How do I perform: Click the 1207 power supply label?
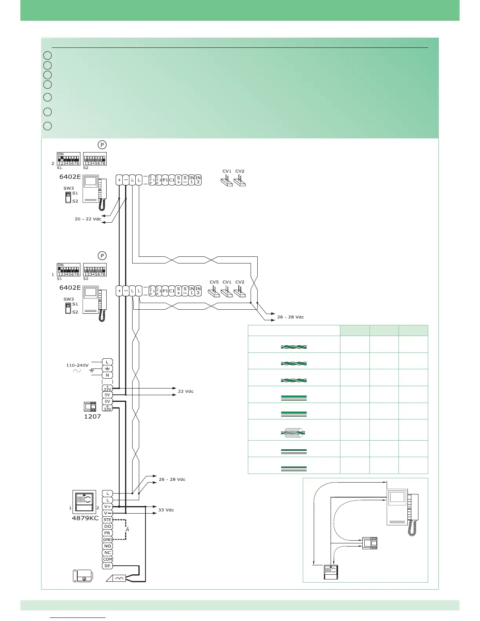(x=93, y=416)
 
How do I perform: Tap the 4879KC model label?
(x=85, y=518)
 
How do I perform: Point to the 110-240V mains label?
(x=78, y=365)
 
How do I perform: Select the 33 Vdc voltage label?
(x=166, y=510)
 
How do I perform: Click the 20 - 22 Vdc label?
(x=88, y=219)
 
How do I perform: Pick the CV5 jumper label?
(x=214, y=282)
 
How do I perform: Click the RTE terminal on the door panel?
(x=107, y=520)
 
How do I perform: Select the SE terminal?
(x=107, y=566)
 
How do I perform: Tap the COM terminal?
(x=107, y=559)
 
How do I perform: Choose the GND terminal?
(x=107, y=539)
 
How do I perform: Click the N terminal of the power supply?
(x=107, y=375)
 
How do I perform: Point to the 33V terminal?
(x=107, y=409)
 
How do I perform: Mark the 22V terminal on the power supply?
(x=107, y=388)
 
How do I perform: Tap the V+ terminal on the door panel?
(x=107, y=507)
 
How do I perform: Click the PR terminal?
(x=107, y=533)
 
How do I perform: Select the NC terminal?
(x=107, y=552)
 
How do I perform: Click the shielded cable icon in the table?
(x=294, y=433)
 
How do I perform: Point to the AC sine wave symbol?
(x=77, y=371)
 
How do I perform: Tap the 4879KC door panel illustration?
(x=84, y=501)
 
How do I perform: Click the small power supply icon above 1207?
(x=90, y=407)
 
